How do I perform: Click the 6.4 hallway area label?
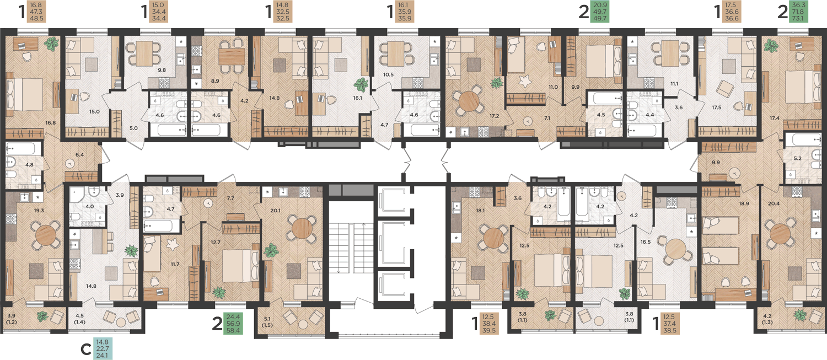tap(80, 155)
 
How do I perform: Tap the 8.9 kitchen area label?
tap(215, 80)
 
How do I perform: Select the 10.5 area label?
tap(388, 74)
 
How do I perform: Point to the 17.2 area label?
tap(494, 116)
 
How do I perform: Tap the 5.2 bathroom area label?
tap(797, 158)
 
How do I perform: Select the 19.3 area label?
tap(39, 211)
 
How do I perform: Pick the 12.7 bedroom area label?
tap(215, 242)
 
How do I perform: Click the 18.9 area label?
tap(744, 203)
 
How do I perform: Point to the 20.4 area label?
tap(774, 203)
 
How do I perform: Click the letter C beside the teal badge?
tap(85, 349)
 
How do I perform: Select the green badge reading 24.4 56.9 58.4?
tap(233, 324)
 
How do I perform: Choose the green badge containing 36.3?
tap(798, 12)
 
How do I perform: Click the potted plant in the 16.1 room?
tap(361, 84)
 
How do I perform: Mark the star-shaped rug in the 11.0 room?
tap(524, 80)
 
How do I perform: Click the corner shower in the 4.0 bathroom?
tap(78, 195)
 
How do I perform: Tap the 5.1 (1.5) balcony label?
tap(267, 321)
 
